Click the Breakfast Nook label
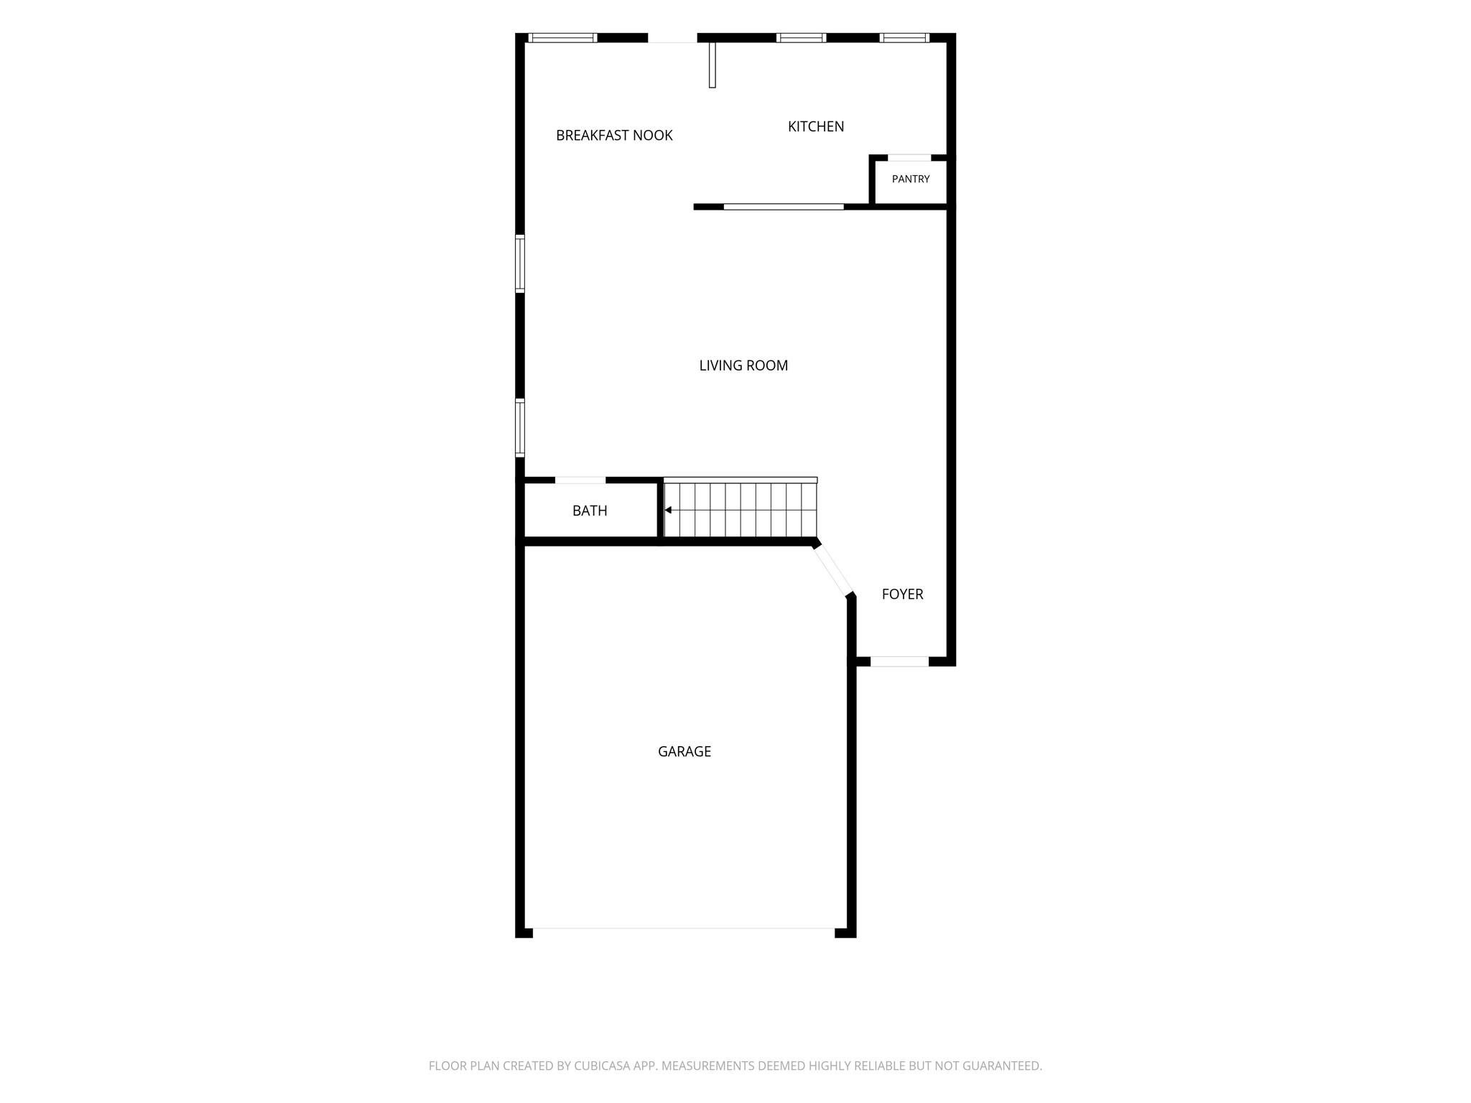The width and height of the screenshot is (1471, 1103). pos(614,135)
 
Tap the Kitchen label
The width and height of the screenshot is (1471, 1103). pos(816,126)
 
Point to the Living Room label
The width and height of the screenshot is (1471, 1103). pos(743,366)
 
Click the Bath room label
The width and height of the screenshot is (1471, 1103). pos(590,511)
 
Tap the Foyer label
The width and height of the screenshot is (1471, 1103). pos(902,594)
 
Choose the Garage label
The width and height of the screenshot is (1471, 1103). pos(685,751)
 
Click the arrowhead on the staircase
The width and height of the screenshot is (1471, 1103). pos(668,510)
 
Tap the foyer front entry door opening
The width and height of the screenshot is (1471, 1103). pos(899,661)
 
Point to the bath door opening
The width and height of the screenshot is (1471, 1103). pos(580,480)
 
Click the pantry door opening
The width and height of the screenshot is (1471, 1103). pos(909,157)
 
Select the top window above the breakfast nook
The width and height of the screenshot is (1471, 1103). pos(562,38)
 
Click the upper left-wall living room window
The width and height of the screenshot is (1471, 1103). pos(520,264)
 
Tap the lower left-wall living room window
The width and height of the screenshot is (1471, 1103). pos(520,428)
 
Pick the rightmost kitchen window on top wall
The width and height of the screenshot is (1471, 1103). pos(904,38)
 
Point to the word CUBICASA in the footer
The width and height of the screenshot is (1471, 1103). pos(602,1066)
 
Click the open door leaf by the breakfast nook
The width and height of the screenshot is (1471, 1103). pos(713,65)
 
